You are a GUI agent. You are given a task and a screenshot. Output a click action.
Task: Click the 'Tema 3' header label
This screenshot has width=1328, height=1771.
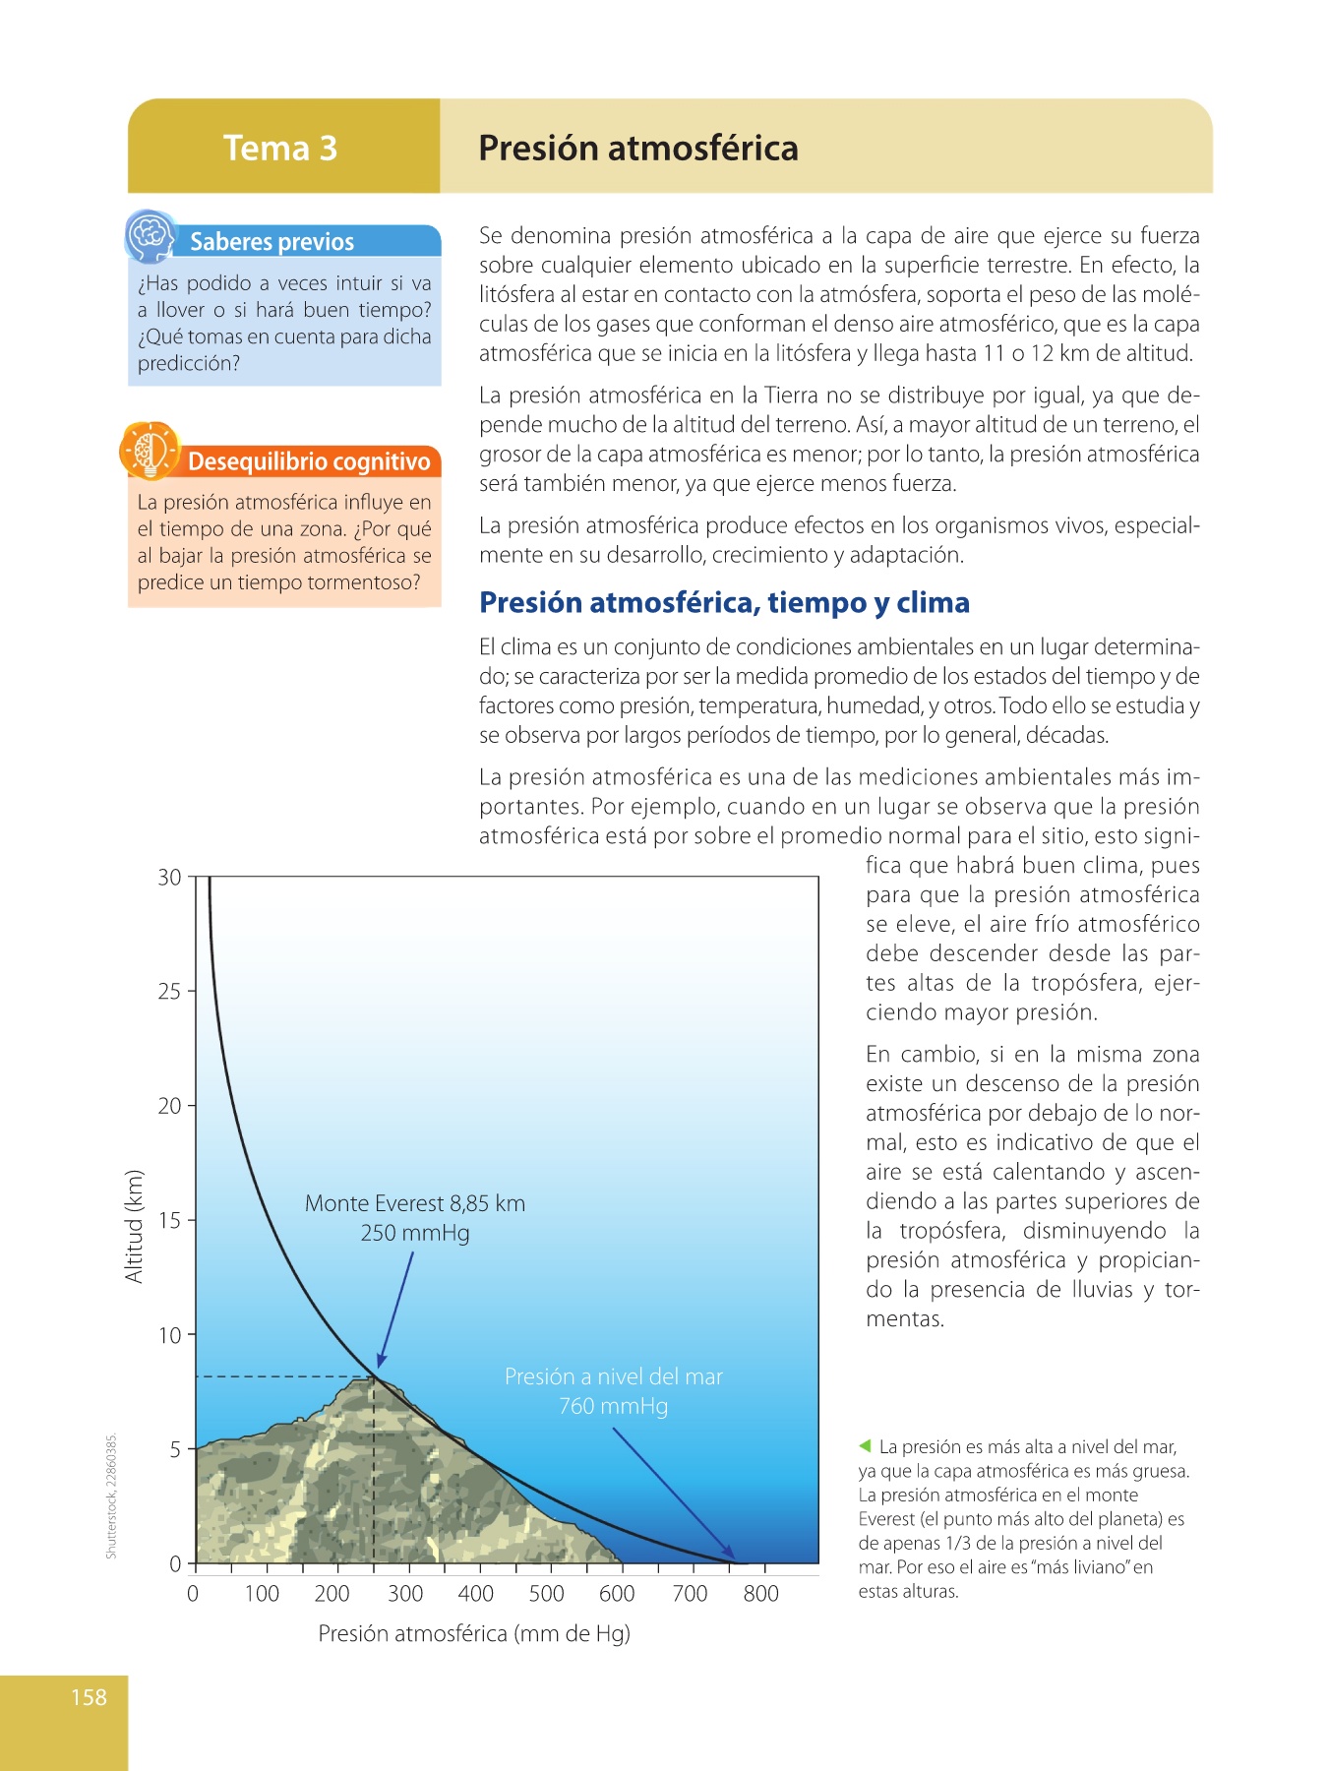coord(280,149)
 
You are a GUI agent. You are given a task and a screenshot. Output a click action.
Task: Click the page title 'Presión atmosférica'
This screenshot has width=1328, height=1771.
coord(637,149)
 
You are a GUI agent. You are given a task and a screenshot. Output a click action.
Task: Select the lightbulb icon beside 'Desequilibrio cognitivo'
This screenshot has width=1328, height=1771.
coord(149,452)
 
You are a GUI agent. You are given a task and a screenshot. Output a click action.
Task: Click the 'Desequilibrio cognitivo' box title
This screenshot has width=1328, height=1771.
coord(309,461)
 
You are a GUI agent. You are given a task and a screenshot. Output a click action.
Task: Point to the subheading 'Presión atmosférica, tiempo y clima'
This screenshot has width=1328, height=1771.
coord(724,602)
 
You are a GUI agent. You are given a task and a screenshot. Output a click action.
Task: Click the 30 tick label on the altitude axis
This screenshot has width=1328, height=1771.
coord(170,878)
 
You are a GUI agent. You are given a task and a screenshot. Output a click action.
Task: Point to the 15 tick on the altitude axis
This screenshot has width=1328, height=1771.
coord(170,1221)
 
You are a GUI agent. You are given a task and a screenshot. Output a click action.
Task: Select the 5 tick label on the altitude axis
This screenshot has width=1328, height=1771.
coord(175,1449)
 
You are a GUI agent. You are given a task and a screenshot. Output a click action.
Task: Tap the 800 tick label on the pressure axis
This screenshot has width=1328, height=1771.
coord(760,1594)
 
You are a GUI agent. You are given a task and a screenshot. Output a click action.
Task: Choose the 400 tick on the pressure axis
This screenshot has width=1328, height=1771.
coord(476,1594)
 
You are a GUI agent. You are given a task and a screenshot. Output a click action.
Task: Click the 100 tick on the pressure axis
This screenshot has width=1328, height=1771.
coord(262,1594)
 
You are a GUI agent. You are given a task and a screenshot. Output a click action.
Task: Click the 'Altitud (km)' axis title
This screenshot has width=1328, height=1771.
coord(134,1226)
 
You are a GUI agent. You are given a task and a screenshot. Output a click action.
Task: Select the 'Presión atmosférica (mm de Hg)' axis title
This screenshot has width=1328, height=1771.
coord(474,1634)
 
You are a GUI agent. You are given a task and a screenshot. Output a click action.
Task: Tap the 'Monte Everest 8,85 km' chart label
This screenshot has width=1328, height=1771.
coord(414,1203)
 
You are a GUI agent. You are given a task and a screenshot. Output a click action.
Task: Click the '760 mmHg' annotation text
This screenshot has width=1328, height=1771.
coord(613,1406)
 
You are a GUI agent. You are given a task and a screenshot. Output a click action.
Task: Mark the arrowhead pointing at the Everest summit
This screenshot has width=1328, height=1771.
coord(381,1361)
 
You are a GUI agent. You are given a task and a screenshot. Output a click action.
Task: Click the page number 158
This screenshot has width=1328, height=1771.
coord(89,1697)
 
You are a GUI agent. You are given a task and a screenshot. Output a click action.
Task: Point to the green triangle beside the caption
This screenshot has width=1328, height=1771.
coord(865,1446)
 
